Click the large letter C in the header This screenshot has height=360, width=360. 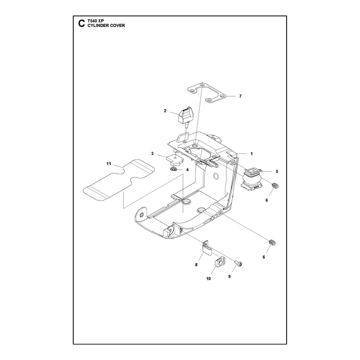click(81, 23)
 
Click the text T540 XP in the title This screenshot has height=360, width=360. click(96, 21)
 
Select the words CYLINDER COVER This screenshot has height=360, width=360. click(106, 26)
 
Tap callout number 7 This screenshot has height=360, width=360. click(240, 96)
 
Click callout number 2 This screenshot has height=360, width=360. click(165, 111)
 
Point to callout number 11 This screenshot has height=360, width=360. click(109, 164)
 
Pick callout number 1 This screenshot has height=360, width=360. click(252, 154)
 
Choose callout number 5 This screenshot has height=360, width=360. click(277, 171)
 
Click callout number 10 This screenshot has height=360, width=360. click(208, 279)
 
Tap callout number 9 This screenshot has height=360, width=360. click(229, 277)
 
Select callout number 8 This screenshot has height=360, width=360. click(196, 265)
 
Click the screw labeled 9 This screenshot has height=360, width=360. click(238, 264)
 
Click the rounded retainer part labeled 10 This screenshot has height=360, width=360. click(220, 261)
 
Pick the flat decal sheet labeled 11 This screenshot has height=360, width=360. click(118, 179)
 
